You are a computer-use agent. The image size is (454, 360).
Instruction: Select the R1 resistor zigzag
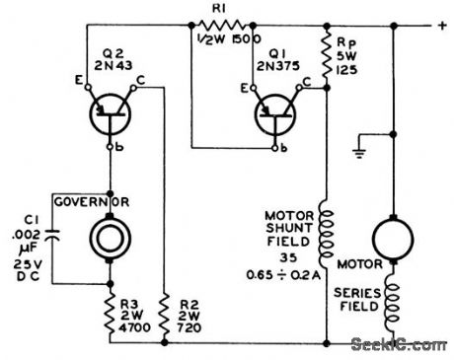tap(215, 26)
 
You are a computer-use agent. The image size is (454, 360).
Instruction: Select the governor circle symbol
tap(110, 238)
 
